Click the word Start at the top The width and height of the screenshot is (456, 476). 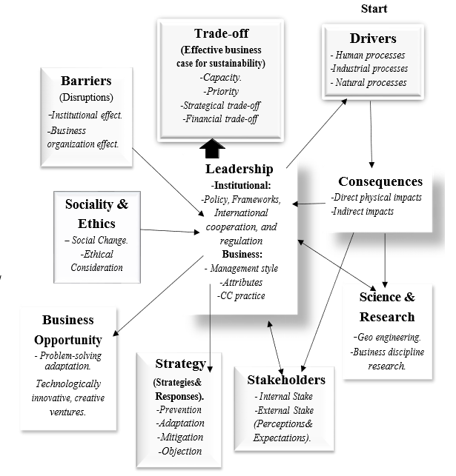374,9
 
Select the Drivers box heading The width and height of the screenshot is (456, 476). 373,38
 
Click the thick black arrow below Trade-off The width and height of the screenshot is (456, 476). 213,150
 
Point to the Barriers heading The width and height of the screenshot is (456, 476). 87,81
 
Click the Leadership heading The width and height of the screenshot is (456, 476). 239,170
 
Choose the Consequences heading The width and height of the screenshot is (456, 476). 380,181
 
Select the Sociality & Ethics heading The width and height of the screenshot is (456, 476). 97,212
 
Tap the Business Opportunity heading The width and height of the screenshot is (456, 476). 67,330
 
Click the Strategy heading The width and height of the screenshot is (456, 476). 180,363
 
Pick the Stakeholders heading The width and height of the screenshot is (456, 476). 285,380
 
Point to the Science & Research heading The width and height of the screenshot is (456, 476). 386,307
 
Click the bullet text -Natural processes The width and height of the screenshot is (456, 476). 369,82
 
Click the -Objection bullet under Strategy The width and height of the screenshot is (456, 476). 179,451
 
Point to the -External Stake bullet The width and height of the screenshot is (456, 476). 284,410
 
